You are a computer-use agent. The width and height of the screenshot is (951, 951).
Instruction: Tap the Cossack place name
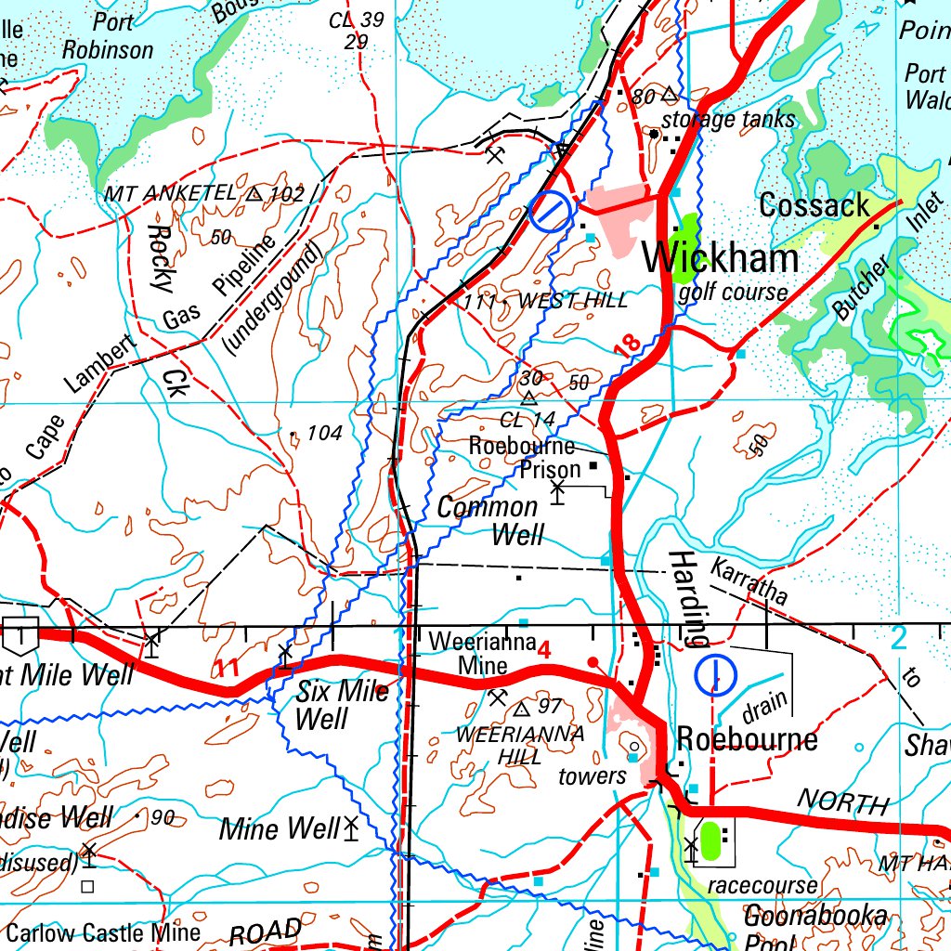coord(814,205)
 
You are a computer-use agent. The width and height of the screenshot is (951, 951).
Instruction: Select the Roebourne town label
coord(747,739)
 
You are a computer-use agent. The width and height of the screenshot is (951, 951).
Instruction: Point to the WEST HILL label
coord(573,301)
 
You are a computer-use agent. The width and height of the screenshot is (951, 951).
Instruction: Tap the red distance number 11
coord(228,667)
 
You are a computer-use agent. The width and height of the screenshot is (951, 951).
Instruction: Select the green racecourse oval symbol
coord(711,840)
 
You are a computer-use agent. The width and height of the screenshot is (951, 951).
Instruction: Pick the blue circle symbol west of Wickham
coord(550,213)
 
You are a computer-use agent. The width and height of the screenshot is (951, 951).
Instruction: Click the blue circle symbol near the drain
coord(715,675)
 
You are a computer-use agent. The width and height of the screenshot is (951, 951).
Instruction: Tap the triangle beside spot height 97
coord(521,710)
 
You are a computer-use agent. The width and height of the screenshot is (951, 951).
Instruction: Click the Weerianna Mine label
coord(482,654)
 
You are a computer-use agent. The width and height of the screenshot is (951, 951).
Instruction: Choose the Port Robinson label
coord(108,38)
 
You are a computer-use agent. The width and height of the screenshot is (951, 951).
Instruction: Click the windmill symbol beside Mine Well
coord(351,827)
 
